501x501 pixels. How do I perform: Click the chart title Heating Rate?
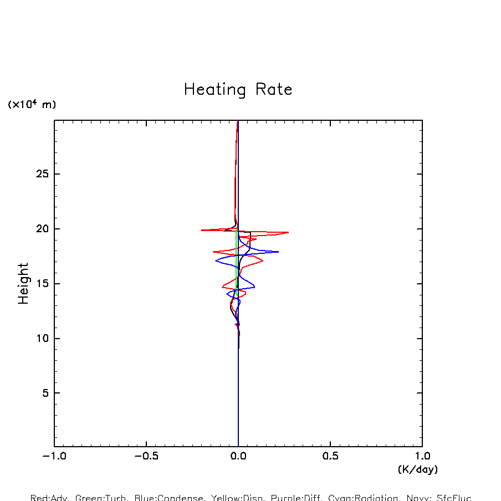pos(238,89)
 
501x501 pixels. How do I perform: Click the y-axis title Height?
pos(23,284)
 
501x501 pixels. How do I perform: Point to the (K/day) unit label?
pos(417,469)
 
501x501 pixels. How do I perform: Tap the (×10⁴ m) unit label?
pos(32,104)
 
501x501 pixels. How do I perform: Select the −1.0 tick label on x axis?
pos(54,457)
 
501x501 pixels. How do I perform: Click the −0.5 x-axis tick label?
pos(146,457)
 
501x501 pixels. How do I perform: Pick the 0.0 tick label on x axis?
pos(238,457)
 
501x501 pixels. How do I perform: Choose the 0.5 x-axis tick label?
pos(330,457)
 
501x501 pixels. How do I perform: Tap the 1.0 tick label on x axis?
pos(422,457)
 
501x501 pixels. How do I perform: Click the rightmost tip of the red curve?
pos(288,232)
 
